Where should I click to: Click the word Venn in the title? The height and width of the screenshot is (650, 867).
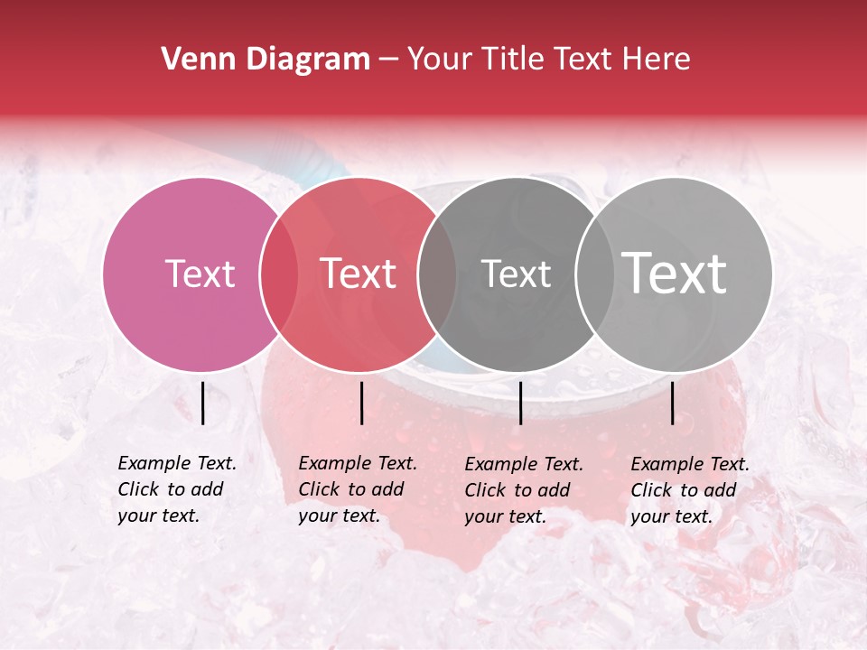point(194,60)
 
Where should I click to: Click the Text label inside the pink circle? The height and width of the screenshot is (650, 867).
point(200,274)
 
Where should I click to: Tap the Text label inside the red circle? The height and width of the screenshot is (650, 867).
point(359,274)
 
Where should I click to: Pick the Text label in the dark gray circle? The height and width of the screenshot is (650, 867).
point(516,274)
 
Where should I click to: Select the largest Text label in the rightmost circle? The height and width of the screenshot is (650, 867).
point(675,273)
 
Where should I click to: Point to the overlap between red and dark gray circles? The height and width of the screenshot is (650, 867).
point(436,274)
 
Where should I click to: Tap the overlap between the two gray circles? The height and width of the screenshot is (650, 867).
point(592,274)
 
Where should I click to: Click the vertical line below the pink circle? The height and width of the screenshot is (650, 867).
point(202,403)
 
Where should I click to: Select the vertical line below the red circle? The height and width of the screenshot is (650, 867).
point(361,403)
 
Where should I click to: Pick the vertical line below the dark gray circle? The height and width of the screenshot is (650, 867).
point(520,403)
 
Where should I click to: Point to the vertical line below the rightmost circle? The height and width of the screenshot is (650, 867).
point(673,403)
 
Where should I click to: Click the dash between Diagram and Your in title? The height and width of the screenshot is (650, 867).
point(387,60)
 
